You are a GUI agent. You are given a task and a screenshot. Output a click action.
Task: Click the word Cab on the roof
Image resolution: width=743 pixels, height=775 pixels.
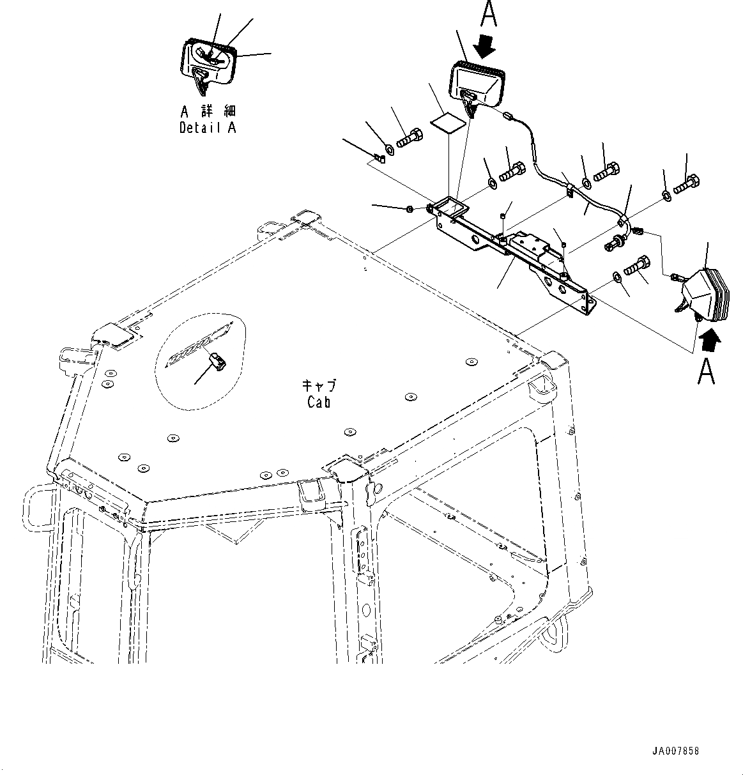318,403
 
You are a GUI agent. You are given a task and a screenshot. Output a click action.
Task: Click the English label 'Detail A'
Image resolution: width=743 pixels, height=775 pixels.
208,127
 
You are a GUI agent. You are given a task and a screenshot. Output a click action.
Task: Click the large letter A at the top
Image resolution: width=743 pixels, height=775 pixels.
488,14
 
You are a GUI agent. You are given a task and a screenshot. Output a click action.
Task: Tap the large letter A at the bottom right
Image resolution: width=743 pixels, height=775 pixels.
706,372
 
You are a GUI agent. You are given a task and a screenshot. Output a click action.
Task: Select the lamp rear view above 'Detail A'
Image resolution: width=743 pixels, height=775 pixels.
208,63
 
